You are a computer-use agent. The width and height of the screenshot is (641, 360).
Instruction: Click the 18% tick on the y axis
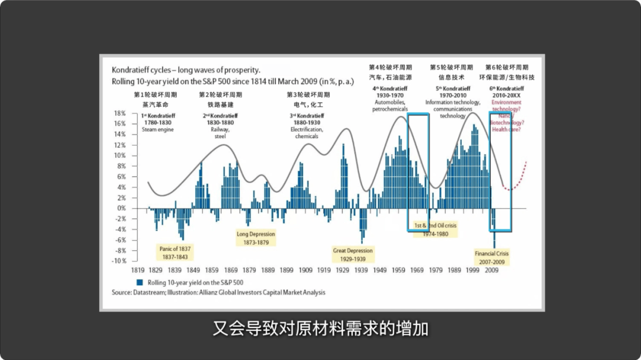click(119, 113)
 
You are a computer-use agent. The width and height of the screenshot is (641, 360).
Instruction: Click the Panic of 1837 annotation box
click(175, 252)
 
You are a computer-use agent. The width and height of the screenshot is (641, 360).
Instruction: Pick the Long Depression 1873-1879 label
click(256, 238)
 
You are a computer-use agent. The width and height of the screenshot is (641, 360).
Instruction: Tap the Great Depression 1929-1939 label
click(353, 254)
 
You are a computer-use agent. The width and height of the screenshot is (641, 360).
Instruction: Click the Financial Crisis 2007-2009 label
click(491, 257)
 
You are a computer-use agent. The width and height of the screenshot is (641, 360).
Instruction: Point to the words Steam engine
click(157, 129)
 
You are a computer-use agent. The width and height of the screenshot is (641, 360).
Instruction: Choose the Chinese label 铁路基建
click(220, 104)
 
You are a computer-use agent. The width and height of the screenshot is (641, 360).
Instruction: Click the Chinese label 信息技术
click(451, 78)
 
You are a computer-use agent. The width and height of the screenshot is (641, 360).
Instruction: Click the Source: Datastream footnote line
click(218, 292)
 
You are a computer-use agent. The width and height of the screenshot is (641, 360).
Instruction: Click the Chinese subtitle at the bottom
click(320, 329)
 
